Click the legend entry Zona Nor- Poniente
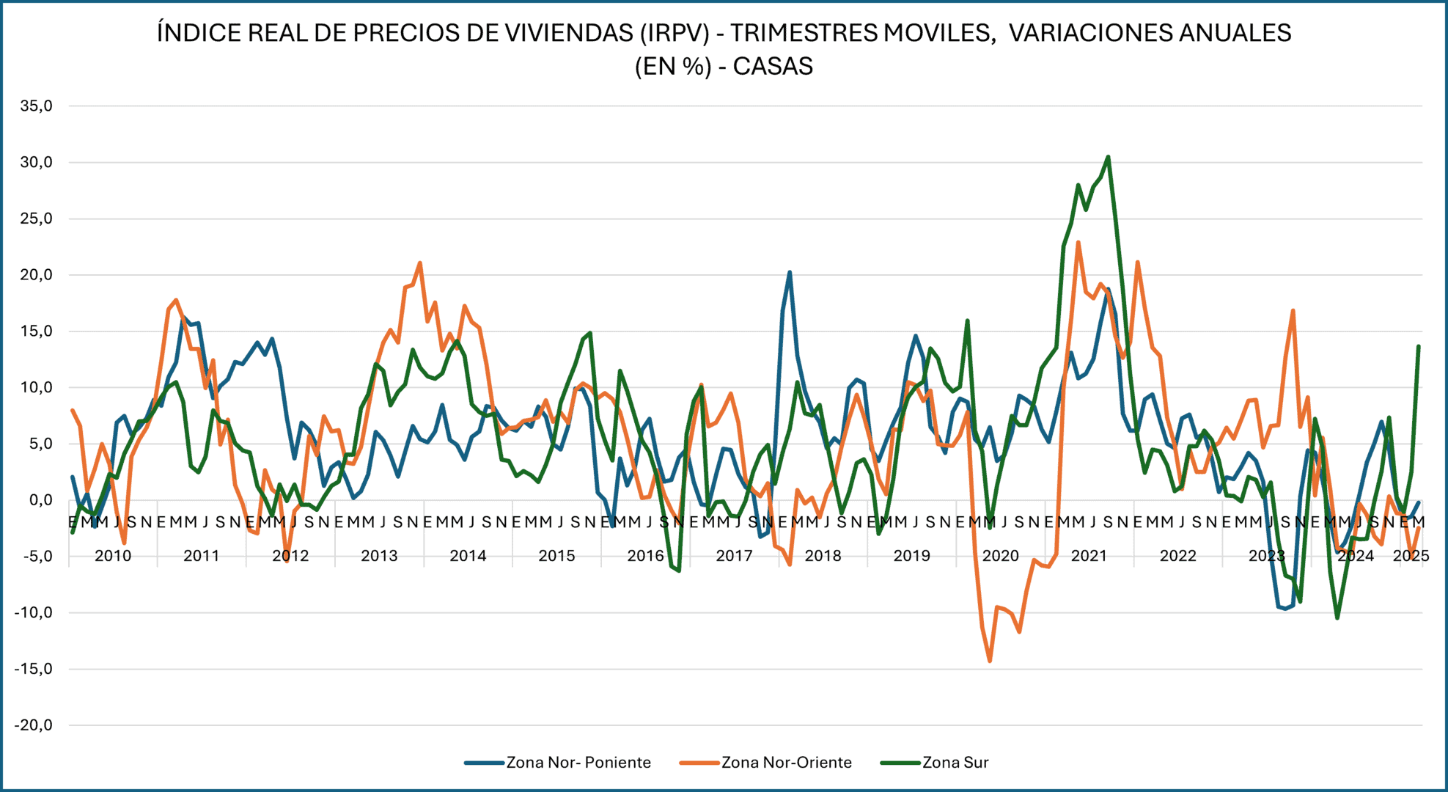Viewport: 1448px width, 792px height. pos(578,763)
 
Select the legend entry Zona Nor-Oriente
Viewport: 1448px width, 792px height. pos(786,763)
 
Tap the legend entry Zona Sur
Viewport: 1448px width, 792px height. pos(955,763)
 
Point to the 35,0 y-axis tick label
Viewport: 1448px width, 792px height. pos(37,106)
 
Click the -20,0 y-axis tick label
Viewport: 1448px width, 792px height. pos(34,725)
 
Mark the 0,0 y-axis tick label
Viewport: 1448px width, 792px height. pos(40,500)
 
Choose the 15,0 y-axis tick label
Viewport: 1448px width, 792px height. pos(37,331)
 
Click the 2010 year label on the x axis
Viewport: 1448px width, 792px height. pos(113,556)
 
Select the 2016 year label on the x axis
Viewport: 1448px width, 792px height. pos(645,556)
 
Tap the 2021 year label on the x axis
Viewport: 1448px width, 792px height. pos(1089,556)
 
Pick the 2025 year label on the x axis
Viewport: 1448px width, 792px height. pos(1411,556)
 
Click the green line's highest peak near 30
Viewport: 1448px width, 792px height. pos(1108,156)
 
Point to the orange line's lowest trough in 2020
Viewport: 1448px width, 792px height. pos(990,661)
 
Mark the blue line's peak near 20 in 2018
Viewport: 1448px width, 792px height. pos(790,272)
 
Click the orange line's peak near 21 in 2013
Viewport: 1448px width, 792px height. pos(419,263)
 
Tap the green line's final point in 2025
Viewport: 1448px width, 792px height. pos(1419,346)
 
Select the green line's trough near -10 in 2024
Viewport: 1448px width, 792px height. pos(1337,617)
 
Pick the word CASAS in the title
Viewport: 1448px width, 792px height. pos(773,67)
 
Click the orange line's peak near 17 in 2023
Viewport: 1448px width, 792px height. pos(1293,310)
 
